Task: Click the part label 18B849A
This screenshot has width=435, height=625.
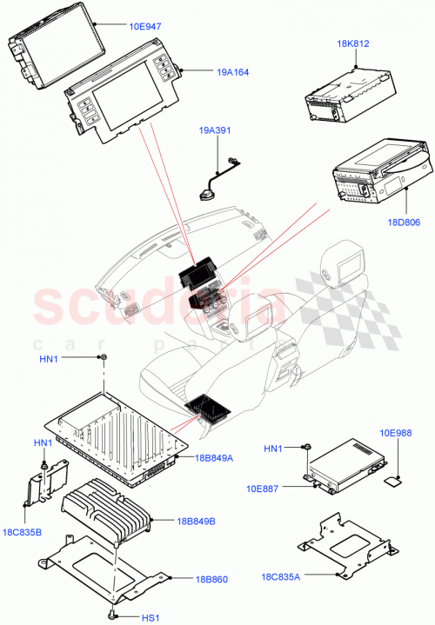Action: pos(215,457)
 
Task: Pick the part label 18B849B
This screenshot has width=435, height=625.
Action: pos(196,521)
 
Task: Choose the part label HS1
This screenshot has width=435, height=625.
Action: pos(149,618)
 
